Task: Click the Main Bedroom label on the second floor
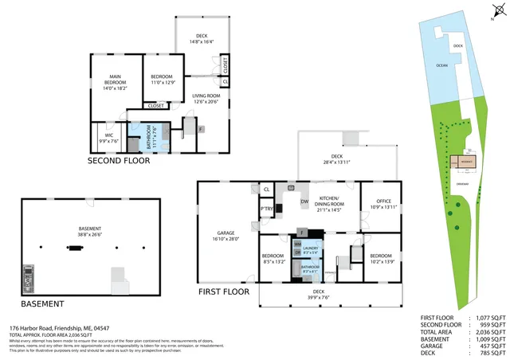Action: (x=113, y=83)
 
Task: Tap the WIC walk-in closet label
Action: (x=108, y=138)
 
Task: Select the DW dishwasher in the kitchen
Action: (x=304, y=202)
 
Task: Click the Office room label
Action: (x=379, y=202)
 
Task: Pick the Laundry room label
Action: (x=310, y=250)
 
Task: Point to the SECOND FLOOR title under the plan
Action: (x=119, y=160)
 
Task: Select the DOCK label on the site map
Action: (x=457, y=46)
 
